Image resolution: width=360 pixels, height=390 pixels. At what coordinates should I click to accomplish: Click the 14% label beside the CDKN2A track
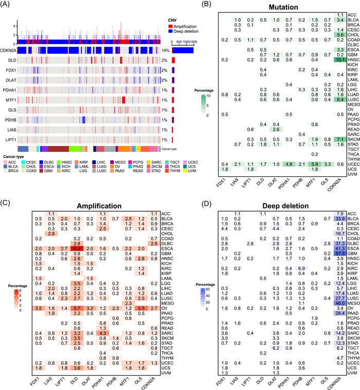165,50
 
